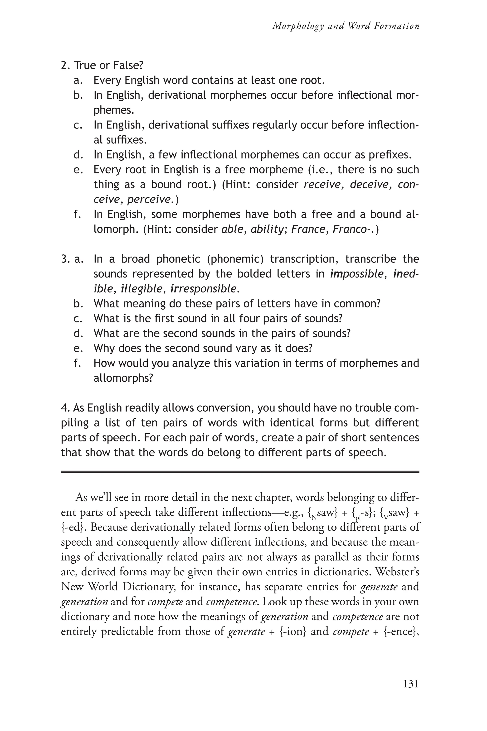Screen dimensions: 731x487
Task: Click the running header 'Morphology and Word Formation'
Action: click(346, 26)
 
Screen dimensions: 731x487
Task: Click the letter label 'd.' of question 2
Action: click(78, 155)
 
